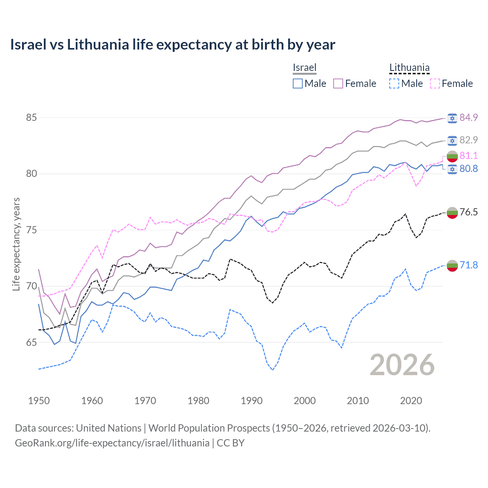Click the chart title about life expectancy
click(172, 45)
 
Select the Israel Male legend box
click(298, 83)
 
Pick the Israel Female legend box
click(338, 83)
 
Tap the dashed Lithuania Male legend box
click(394, 83)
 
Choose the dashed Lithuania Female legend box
click(435, 83)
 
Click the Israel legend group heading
click(305, 67)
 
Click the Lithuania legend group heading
click(409, 67)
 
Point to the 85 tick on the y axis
click(31, 117)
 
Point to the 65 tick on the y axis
click(31, 342)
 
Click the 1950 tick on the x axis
click(39, 401)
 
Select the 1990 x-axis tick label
click(252, 401)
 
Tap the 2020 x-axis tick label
click(411, 401)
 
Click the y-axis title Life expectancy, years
click(16, 244)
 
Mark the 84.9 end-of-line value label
click(469, 117)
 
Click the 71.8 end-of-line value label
click(469, 265)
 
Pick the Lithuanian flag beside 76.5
click(452, 212)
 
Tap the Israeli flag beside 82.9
click(452, 140)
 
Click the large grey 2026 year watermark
click(402, 365)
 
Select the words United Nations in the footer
click(109, 428)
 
